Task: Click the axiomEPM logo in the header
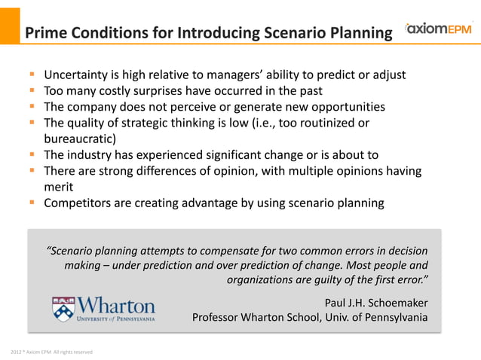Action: coord(438,31)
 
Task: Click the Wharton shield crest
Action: coord(63,309)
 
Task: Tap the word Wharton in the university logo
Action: coord(116,306)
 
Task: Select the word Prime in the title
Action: coord(45,33)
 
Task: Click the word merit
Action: coord(58,187)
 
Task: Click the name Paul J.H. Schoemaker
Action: coord(376,303)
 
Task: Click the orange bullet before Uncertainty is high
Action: coord(32,75)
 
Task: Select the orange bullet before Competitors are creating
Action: coord(32,203)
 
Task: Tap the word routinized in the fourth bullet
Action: coord(329,123)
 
